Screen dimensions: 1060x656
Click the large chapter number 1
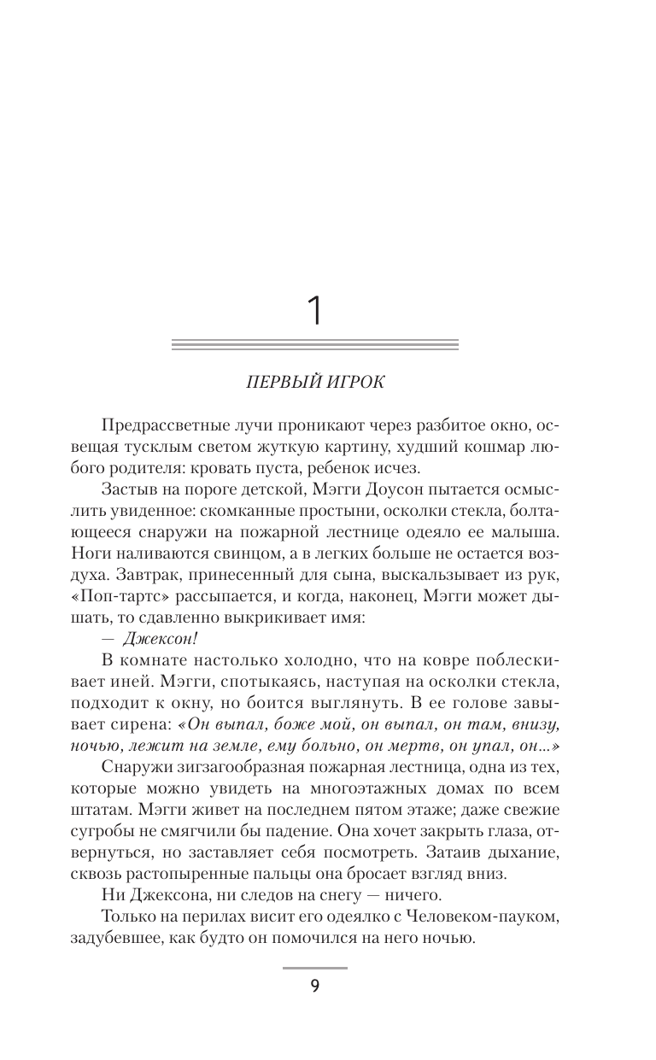click(316, 312)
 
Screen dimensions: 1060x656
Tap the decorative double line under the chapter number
click(315, 345)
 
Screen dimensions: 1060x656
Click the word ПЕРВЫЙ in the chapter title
click(277, 382)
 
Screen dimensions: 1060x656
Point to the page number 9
click(315, 987)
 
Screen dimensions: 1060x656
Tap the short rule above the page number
click(315, 968)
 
